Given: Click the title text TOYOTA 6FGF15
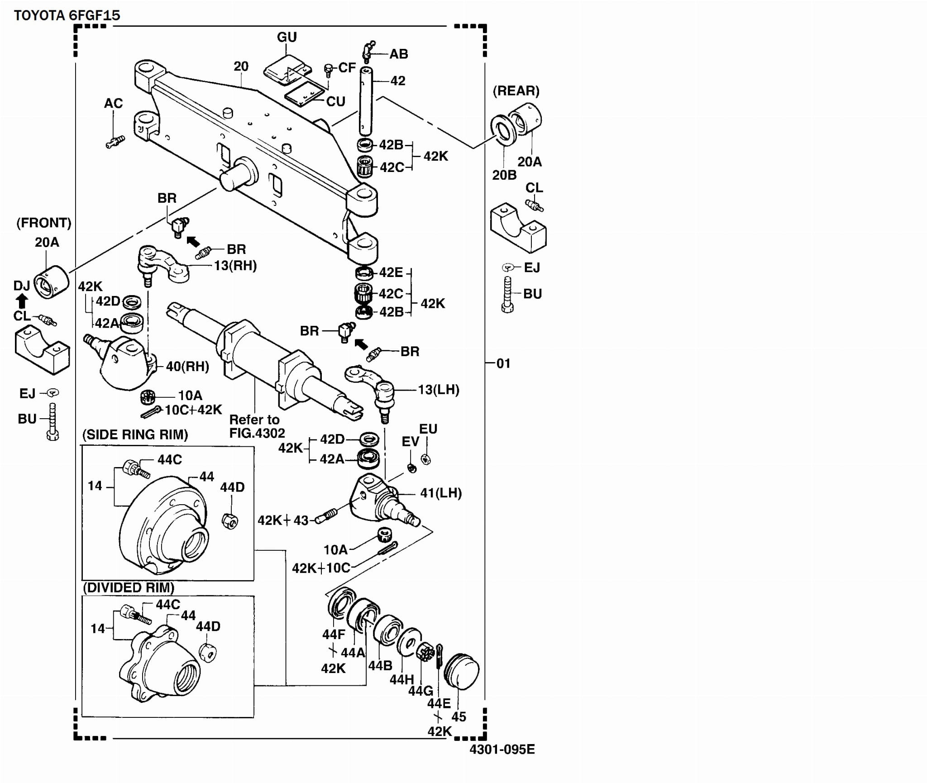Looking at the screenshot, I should [x=67, y=15].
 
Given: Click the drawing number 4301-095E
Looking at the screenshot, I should [x=502, y=749].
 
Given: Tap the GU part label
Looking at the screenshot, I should [x=287, y=37].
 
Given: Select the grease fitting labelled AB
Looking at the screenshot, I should [x=368, y=52].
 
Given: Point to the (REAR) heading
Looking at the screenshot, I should [x=516, y=91].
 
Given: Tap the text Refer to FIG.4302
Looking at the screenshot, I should [x=257, y=426].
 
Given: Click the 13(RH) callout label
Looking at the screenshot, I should [x=235, y=265].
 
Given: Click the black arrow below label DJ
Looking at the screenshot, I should [x=22, y=301].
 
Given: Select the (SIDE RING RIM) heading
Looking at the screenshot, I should [x=135, y=435].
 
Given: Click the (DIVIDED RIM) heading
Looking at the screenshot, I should [x=129, y=588].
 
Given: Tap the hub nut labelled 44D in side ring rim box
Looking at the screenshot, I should [x=230, y=521].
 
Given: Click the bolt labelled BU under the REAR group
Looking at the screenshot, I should [x=507, y=294].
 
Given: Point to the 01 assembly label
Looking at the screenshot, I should [x=503, y=363].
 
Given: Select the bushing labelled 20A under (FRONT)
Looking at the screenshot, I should [x=51, y=282].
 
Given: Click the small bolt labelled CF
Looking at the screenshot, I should [x=329, y=70].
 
